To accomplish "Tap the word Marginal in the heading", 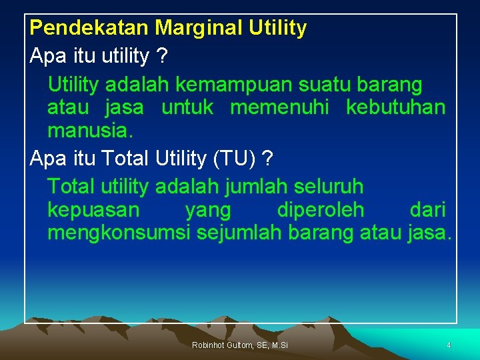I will click(x=191, y=28).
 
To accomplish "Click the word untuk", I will click(x=188, y=107).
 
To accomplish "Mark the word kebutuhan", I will click(x=395, y=107).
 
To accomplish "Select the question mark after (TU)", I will click(x=267, y=159).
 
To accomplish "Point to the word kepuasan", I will click(x=94, y=211).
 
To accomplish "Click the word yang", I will click(x=208, y=211).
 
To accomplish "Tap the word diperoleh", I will click(x=321, y=211).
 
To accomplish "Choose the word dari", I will click(x=427, y=211).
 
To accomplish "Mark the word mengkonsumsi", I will click(x=119, y=233).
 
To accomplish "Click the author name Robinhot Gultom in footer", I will click(x=221, y=345).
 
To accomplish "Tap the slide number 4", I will click(x=449, y=345).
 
